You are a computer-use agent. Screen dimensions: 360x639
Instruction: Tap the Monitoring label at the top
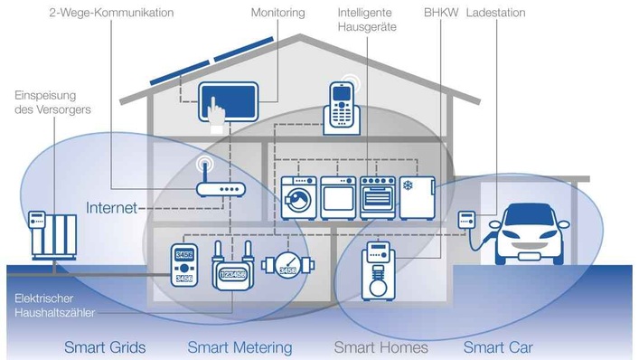pos(278,14)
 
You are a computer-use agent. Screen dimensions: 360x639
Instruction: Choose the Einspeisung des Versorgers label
pos(52,102)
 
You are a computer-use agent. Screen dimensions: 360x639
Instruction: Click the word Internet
pos(111,208)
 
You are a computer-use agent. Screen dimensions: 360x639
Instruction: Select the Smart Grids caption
pos(105,347)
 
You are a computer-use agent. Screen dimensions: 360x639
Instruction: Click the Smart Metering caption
pos(240,347)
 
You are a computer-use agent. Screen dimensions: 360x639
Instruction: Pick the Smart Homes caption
pos(381,347)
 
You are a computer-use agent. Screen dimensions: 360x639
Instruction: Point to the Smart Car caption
pos(498,347)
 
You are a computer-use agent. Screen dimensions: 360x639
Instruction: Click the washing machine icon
pos(298,194)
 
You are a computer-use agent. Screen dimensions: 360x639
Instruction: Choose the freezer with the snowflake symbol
pos(418,194)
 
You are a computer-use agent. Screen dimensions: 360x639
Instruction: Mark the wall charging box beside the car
pos(467,220)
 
